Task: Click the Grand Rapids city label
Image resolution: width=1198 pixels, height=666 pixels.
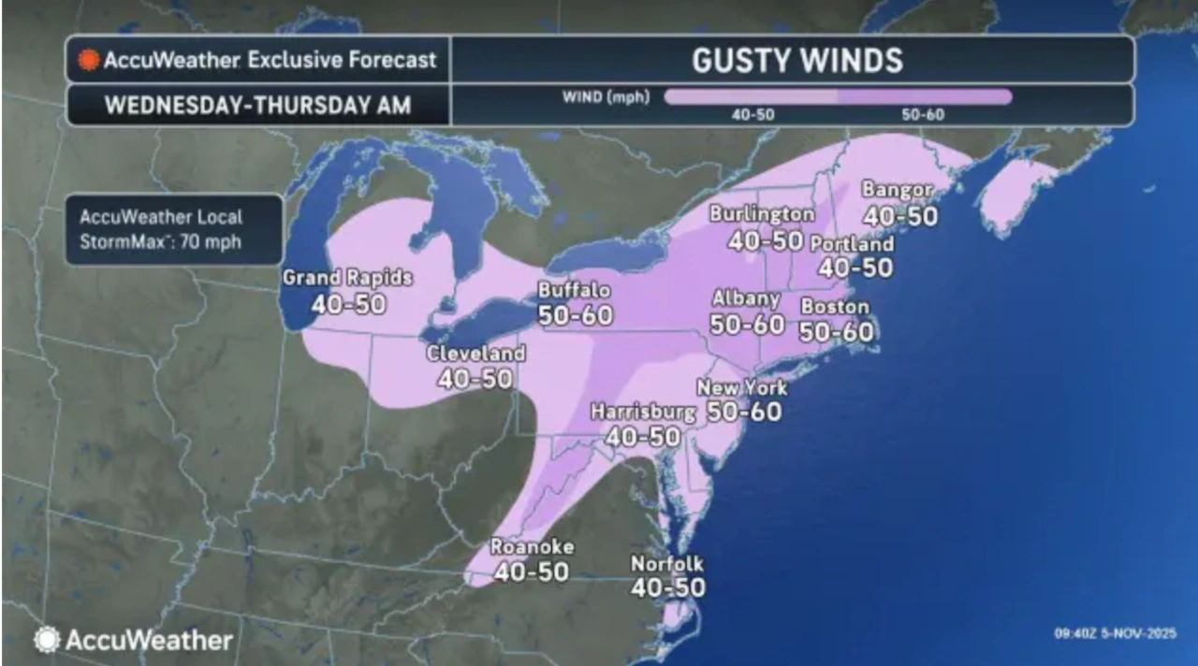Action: click(347, 278)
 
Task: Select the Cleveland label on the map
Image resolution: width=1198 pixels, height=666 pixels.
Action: click(475, 355)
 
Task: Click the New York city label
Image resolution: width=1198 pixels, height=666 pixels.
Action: click(742, 387)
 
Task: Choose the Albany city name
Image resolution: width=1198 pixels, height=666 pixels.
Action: click(746, 299)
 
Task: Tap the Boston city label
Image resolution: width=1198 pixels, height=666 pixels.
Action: click(835, 307)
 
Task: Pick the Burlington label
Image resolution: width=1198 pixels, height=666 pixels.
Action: click(762, 214)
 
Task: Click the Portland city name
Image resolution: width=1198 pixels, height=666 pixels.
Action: click(852, 244)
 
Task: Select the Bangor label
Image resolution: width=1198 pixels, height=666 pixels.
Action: click(897, 190)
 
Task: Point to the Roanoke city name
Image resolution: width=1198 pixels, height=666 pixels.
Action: click(532, 547)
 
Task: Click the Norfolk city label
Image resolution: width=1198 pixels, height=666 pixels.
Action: click(666, 564)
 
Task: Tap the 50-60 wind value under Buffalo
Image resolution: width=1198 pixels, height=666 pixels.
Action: click(576, 315)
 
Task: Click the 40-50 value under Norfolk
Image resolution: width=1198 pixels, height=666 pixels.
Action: click(667, 587)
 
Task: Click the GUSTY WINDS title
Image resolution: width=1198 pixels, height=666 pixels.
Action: click(796, 61)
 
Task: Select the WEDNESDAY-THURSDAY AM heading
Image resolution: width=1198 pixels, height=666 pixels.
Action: click(257, 105)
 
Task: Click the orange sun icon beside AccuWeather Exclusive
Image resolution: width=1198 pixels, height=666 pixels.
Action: click(89, 61)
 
